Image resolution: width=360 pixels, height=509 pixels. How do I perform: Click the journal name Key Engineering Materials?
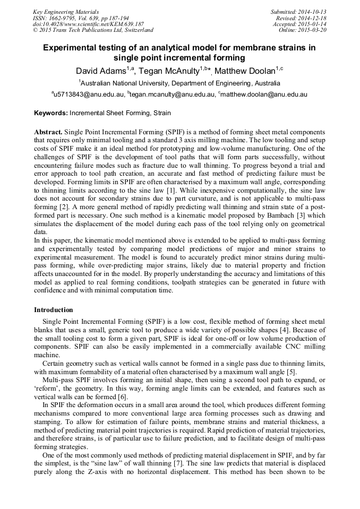click(66, 11)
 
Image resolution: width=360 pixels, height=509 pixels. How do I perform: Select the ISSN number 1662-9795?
click(66, 18)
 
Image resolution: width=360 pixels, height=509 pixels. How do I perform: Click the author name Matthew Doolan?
click(248, 71)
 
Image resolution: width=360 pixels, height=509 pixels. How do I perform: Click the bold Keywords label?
click(51, 113)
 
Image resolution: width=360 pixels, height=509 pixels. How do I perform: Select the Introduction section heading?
click(54, 310)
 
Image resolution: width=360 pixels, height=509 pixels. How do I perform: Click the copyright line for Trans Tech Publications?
click(93, 30)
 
